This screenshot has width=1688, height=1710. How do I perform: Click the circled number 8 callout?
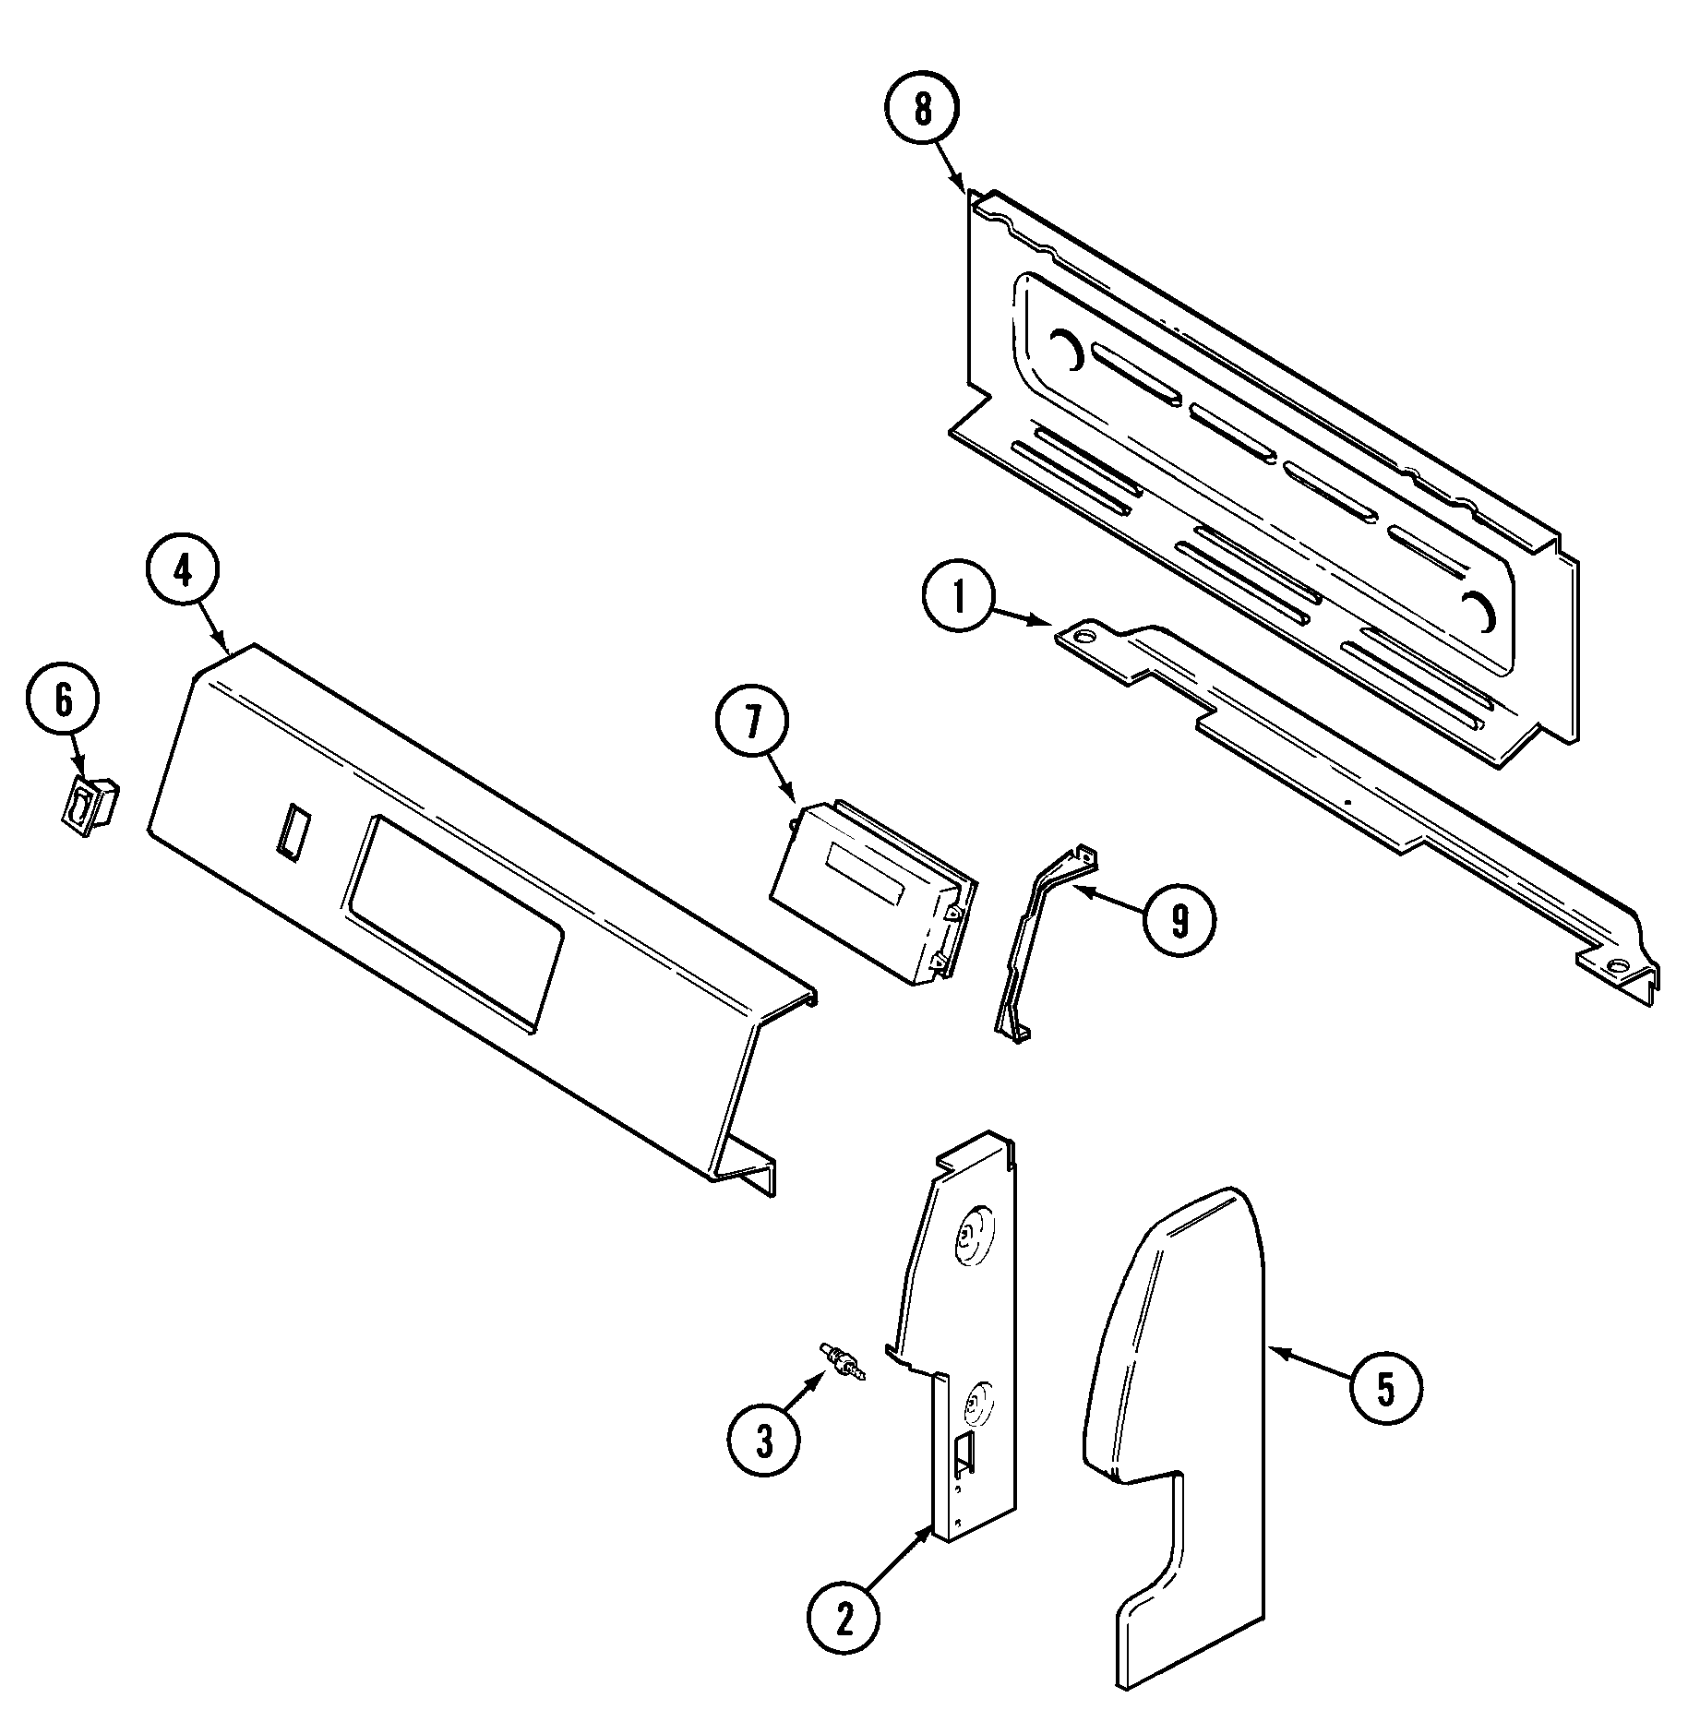coord(923,110)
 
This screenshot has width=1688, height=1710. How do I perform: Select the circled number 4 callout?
coord(183,573)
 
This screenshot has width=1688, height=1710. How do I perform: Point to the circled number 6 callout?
coord(62,701)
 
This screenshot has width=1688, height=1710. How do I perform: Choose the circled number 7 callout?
coord(752,726)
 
